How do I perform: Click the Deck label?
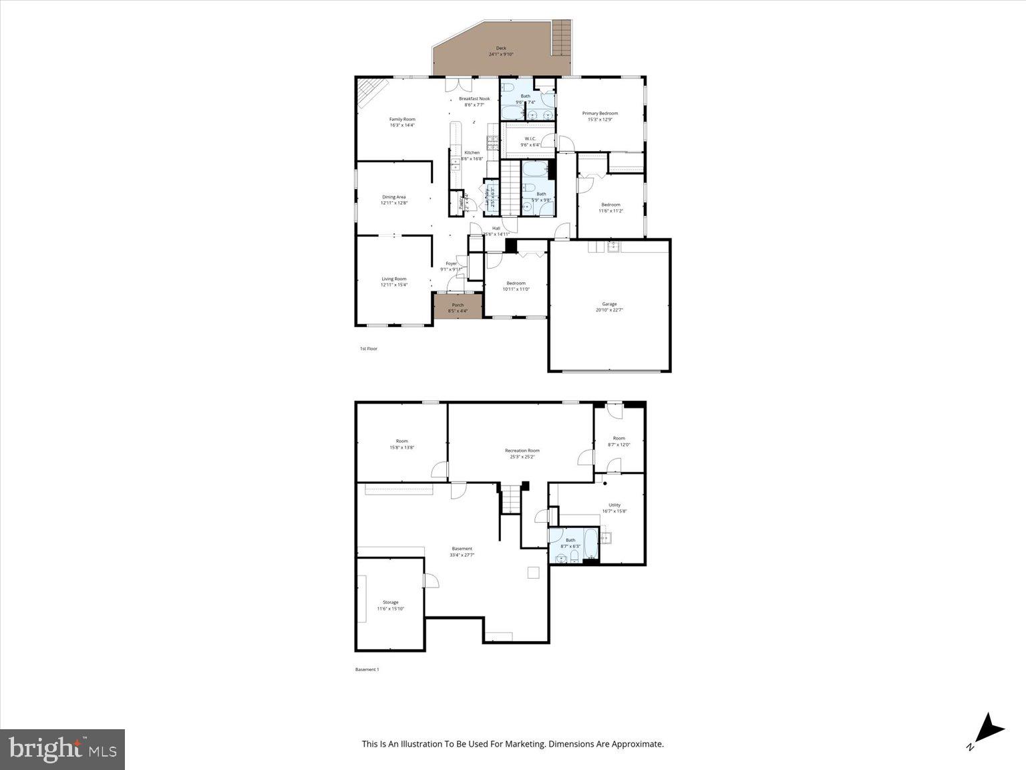pos(501,48)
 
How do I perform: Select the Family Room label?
pos(402,119)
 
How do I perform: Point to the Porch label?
pos(458,305)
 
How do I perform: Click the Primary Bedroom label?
pos(599,114)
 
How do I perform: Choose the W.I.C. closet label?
pos(530,139)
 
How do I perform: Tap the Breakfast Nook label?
pos(474,99)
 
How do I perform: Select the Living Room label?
pos(394,279)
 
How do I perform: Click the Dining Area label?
pos(394,197)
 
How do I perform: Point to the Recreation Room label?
pos(522,451)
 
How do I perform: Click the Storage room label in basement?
pos(391,602)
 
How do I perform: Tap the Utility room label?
pos(615,505)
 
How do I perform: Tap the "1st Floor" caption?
pos(369,349)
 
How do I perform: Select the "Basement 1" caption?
pos(367,669)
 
